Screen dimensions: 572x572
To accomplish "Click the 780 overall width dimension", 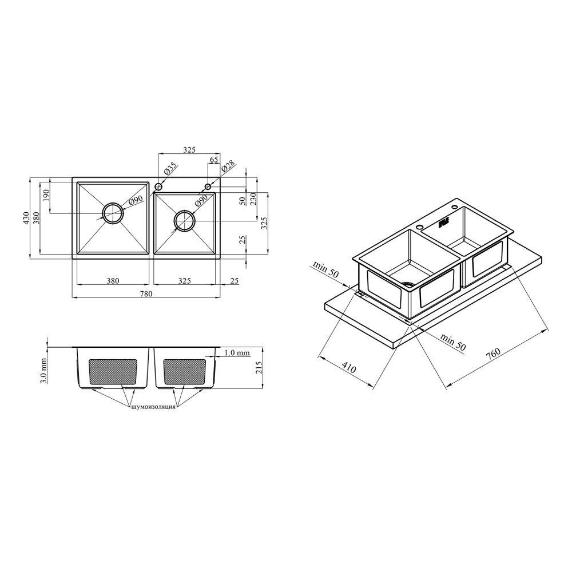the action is (146, 293).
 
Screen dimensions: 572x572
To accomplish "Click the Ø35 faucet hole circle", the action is (158, 187).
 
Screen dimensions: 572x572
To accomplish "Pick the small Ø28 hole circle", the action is (208, 187).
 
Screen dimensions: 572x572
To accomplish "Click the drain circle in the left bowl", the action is (113, 213).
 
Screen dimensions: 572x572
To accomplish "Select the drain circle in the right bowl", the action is (185, 220).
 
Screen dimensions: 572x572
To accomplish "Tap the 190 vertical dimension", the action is (46, 196).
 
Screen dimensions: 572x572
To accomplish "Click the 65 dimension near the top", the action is (214, 160).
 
